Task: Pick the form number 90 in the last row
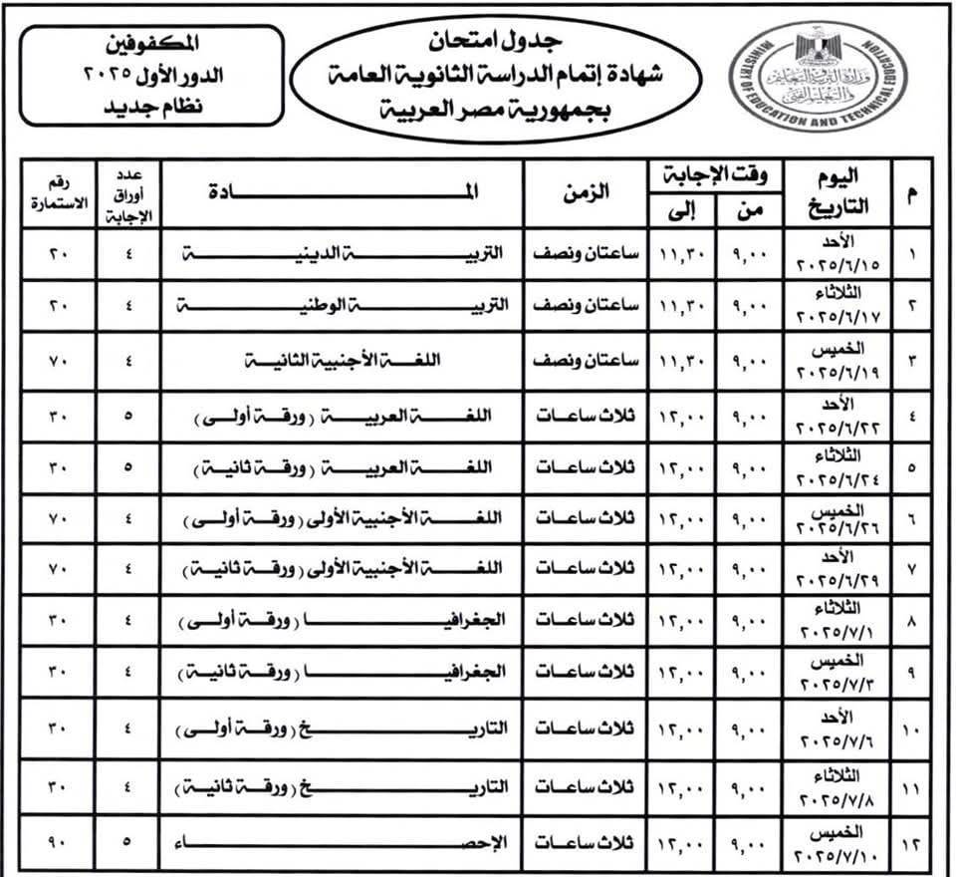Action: [56, 842]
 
